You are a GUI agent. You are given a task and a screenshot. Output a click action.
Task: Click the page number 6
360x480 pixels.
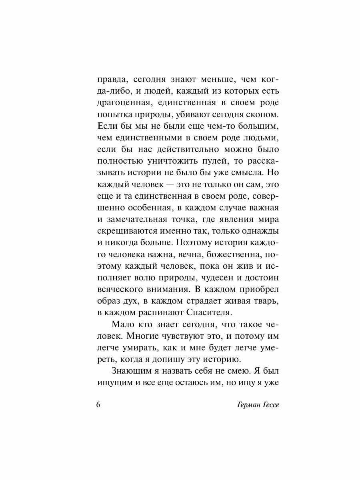[x=98, y=404]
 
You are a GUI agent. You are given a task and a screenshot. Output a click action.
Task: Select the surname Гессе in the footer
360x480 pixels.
[x=267, y=404]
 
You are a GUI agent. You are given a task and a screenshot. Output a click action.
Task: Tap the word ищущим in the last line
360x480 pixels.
[x=115, y=382]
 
